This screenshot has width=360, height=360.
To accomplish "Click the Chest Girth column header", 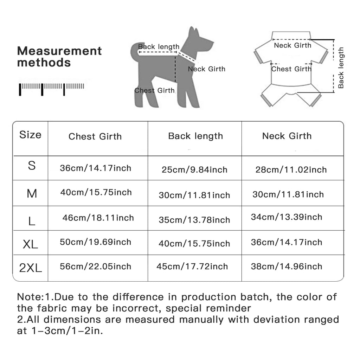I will click(x=95, y=136).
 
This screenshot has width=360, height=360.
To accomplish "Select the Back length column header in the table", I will click(x=195, y=136).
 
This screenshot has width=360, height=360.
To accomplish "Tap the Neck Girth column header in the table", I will click(x=287, y=136).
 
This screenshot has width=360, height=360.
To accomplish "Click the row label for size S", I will click(x=32, y=166).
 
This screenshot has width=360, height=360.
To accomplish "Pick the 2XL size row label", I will click(x=31, y=268).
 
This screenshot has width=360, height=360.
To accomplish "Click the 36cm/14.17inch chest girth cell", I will click(x=96, y=168).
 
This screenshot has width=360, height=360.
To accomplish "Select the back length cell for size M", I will click(x=194, y=195).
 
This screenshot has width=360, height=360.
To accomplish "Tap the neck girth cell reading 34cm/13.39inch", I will click(x=287, y=217).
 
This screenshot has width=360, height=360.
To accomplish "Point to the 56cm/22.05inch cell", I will click(x=96, y=266).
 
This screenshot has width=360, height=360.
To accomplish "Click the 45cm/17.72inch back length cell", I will click(x=192, y=266).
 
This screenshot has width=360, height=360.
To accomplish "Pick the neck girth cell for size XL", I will click(x=287, y=242).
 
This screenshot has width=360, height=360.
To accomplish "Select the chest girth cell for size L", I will click(x=98, y=218).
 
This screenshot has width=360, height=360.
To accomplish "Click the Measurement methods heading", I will click(x=59, y=57).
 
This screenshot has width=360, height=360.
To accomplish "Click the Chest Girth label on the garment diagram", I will click(x=291, y=69).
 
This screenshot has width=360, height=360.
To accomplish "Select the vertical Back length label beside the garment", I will click(x=341, y=67).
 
